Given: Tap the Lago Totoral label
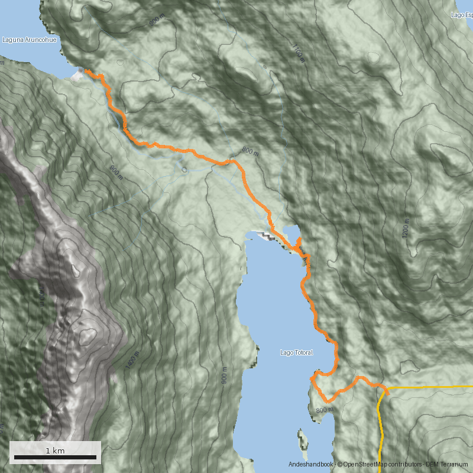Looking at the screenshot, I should [x=296, y=353].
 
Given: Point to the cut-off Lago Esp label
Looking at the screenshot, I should [x=461, y=15].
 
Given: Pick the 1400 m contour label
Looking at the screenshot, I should [x=132, y=360].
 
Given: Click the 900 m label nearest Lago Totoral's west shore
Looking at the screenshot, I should [x=224, y=375].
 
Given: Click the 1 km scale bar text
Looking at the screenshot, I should [x=55, y=451].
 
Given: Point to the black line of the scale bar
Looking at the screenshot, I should [x=55, y=457].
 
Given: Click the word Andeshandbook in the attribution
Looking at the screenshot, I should [x=311, y=465].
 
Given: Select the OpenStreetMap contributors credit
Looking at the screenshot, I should [x=378, y=465].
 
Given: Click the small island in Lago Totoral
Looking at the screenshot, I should [x=304, y=440].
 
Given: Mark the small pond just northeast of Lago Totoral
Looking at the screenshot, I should [x=291, y=229].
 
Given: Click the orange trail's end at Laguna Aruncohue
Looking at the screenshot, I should [x=86, y=71].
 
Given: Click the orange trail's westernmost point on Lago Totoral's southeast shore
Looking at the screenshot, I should [x=311, y=378].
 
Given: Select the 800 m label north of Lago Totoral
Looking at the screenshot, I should [x=250, y=152].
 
